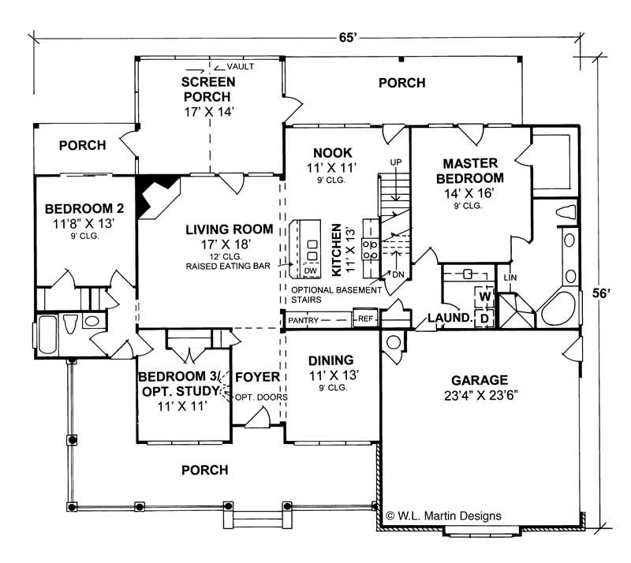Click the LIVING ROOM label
230,229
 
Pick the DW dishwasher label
310,270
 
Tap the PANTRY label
302,320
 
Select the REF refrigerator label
365,319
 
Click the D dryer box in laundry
485,318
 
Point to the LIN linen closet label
510,277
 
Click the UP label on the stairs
396,162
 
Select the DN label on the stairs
398,274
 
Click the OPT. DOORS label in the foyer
261,397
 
